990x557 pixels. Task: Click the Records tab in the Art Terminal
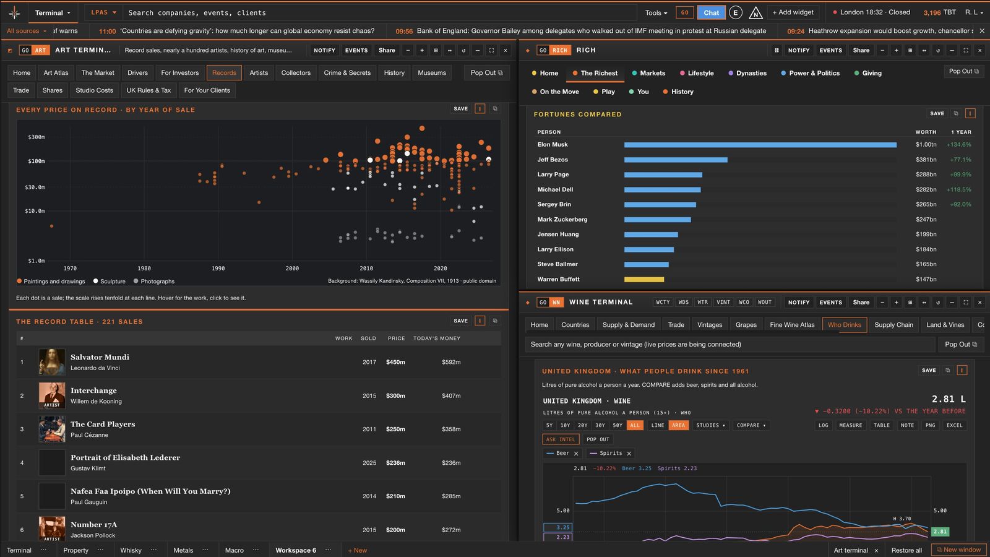pos(224,73)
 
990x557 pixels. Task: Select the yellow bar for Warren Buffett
pos(644,279)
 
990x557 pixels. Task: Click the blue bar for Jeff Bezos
pos(676,160)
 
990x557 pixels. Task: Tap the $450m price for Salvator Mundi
pos(395,362)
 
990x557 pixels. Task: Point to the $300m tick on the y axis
pos(37,137)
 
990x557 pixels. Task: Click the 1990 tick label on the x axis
pos(218,269)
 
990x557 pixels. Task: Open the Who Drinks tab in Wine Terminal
pos(844,325)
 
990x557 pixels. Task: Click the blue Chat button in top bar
pos(711,12)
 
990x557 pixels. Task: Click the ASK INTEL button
pos(561,439)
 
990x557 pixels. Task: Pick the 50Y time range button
pos(618,425)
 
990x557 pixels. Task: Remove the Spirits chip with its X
pos(629,454)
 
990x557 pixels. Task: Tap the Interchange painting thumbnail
pos(52,395)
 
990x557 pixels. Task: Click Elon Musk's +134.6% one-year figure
pos(958,145)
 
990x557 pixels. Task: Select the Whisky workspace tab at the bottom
pos(131,550)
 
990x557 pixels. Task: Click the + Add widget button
pos(793,12)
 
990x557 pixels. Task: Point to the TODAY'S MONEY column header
pos(437,339)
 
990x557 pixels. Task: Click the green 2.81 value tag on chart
pos(940,532)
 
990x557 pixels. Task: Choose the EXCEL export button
pos(954,425)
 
